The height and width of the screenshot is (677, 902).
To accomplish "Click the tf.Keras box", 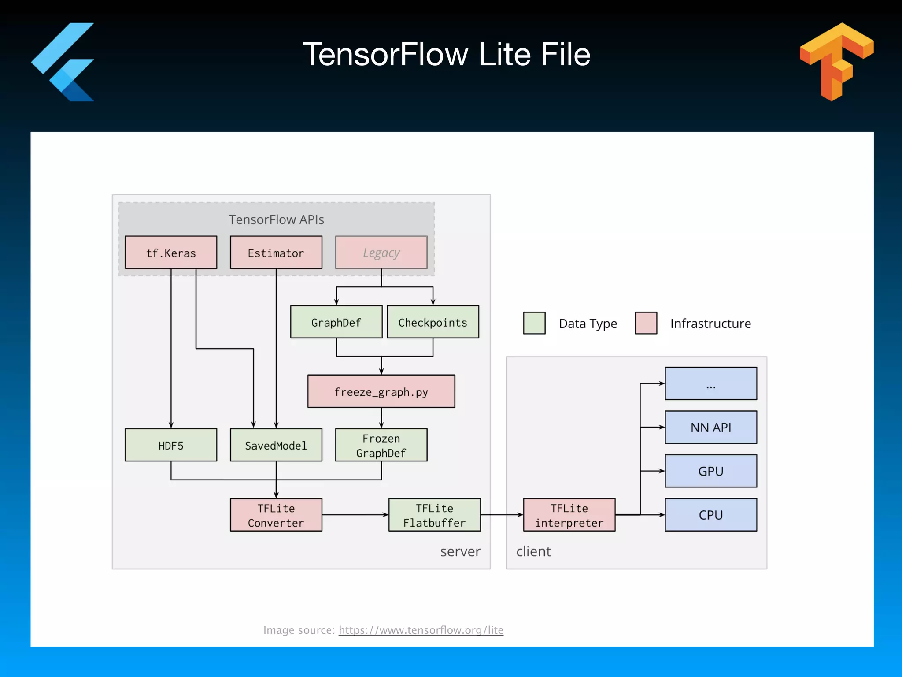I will click(x=171, y=253).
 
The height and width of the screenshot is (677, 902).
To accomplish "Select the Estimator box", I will click(x=276, y=253).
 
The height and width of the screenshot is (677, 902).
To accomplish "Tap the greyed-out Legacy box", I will click(x=381, y=253).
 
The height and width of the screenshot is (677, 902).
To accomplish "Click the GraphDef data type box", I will click(x=336, y=322).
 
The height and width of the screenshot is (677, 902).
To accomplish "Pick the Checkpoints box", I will click(x=433, y=322).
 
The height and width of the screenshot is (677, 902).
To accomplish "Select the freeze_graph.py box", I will click(x=381, y=391).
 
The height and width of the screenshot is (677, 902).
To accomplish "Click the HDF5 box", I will click(x=171, y=445).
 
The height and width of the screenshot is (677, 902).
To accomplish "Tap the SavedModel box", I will click(x=276, y=445).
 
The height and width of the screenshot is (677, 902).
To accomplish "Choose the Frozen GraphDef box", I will click(x=381, y=445).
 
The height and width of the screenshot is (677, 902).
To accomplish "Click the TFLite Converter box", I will click(x=276, y=515).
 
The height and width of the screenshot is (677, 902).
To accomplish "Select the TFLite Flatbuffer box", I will click(x=434, y=515).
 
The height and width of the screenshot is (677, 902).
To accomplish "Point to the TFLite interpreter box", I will click(x=569, y=515).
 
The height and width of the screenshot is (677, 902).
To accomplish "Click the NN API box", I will click(x=710, y=427).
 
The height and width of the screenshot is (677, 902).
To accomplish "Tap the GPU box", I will click(x=710, y=471).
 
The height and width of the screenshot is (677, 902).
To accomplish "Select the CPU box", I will click(x=710, y=515).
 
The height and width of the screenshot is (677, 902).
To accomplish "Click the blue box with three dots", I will click(x=710, y=383).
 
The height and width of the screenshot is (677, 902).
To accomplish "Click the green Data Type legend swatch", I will click(x=534, y=323).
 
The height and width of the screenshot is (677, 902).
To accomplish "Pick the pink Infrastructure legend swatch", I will click(x=646, y=323).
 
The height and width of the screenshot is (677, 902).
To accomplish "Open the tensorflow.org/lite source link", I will click(x=421, y=630).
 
